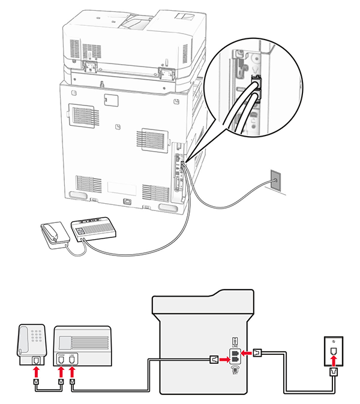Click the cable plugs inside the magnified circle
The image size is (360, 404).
point(255,89)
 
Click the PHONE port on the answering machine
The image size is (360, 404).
point(61,359)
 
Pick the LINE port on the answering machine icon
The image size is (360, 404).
point(71,359)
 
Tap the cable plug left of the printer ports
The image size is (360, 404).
point(212,360)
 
